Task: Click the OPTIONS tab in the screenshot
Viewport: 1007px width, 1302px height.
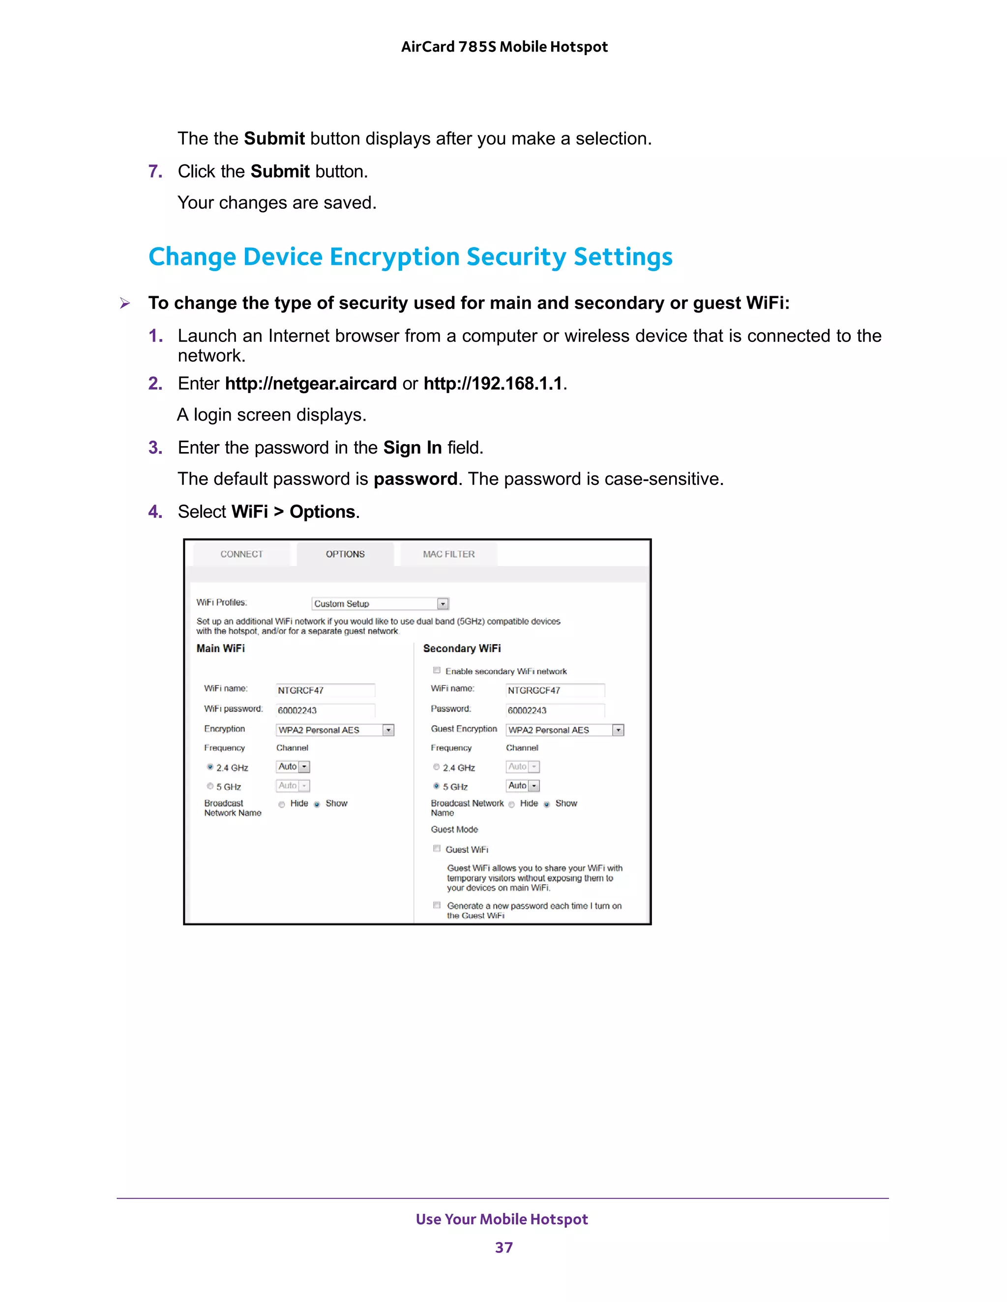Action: pos(345,554)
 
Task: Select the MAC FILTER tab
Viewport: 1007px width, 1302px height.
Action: pos(448,554)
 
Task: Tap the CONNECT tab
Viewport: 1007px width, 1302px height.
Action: pos(241,554)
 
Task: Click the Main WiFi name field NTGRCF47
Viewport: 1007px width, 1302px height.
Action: pos(325,690)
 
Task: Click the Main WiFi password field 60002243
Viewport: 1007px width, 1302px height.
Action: pos(325,710)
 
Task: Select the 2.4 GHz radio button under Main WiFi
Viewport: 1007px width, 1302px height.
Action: pos(210,767)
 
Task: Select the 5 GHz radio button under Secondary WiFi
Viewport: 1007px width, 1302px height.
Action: pos(437,786)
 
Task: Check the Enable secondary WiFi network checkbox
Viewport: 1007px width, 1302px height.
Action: pos(437,670)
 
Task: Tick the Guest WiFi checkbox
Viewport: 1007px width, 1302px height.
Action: pos(437,849)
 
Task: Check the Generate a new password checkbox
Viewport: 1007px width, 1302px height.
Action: pos(437,905)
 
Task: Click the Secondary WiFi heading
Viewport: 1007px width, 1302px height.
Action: pos(462,648)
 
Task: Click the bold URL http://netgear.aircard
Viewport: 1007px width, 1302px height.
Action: pos(310,383)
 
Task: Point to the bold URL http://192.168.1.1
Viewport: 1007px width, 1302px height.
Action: pos(493,383)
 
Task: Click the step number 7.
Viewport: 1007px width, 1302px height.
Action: pos(155,171)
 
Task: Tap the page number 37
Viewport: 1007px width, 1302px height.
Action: pos(503,1247)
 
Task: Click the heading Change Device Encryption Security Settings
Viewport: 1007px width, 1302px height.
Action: pos(411,257)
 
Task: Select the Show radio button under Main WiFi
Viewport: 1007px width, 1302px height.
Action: pos(317,804)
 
